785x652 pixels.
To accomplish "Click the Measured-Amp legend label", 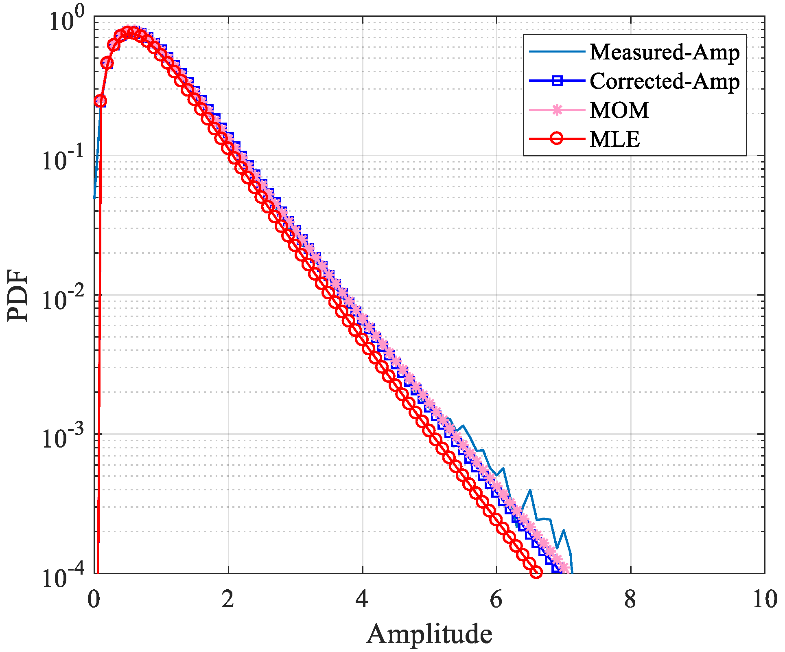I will (664, 52).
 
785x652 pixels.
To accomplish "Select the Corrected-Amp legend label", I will (664, 81).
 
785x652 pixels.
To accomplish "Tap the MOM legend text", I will (619, 110).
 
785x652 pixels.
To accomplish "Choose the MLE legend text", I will (614, 139).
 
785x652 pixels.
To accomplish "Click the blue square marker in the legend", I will (557, 81).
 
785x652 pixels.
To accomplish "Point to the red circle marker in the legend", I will (557, 139).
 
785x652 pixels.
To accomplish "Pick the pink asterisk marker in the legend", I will (557, 110).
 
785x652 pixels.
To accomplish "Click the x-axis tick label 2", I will (228, 599).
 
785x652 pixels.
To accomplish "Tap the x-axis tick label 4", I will (362, 599).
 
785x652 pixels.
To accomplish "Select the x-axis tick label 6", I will (496, 599).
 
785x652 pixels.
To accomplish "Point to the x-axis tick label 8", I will (630, 599).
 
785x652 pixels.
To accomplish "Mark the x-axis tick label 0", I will (94, 599).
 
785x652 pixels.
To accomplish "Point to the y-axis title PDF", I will (18, 295).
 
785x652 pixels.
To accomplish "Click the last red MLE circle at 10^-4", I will (536, 572).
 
